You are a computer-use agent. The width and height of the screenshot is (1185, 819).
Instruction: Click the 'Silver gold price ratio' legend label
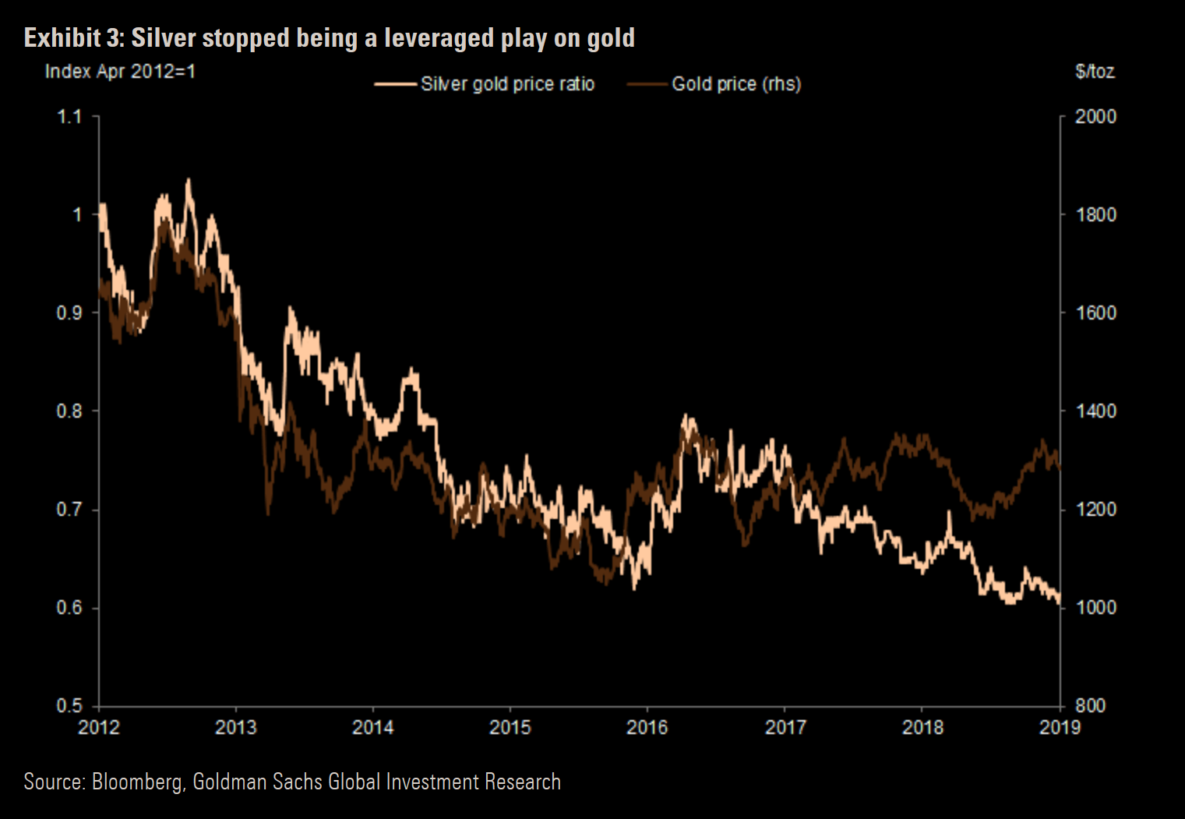point(507,84)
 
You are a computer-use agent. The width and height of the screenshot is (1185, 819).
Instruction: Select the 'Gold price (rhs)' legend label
point(736,84)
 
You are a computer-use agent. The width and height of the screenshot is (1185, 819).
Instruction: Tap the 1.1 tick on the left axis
point(69,117)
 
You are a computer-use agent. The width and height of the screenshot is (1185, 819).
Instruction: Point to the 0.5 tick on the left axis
point(69,706)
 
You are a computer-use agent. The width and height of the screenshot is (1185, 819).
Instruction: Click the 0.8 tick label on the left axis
point(69,411)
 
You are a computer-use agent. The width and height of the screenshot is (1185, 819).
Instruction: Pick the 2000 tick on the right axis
point(1095,117)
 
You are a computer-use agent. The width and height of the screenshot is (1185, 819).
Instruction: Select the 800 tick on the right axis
point(1090,706)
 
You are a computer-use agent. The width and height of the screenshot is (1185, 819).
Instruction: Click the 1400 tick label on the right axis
point(1095,411)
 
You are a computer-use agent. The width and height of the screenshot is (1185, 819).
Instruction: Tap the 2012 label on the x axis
point(99,728)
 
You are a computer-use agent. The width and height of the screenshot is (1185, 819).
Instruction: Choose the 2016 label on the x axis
point(647,728)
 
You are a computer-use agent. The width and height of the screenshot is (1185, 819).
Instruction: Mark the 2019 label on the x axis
point(1060,728)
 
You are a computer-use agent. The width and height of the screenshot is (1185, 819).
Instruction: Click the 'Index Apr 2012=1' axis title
point(120,72)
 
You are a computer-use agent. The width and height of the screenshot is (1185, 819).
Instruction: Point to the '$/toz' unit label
point(1095,72)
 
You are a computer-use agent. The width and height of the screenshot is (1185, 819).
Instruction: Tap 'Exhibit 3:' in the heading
point(74,37)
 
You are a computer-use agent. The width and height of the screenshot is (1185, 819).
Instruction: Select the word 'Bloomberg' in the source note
point(137,782)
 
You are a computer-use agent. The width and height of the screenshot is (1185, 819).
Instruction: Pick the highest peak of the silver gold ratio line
point(188,181)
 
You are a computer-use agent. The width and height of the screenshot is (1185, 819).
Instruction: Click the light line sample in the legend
point(395,84)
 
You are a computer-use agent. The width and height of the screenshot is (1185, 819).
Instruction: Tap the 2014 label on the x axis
point(372,728)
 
